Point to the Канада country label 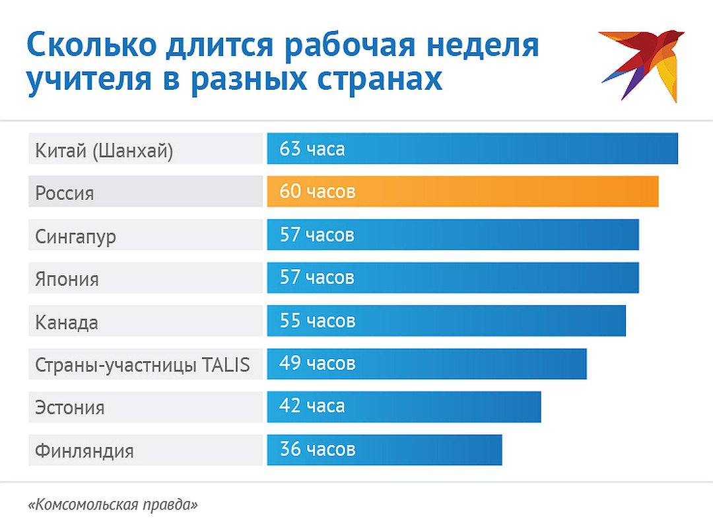(67, 323)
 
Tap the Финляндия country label (85, 451)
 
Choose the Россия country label (65, 194)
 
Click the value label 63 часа (312, 149)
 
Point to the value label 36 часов (317, 449)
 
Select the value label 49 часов (317, 364)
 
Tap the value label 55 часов (317, 321)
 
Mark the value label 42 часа (312, 407)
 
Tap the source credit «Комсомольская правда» (114, 506)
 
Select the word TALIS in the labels (226, 365)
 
